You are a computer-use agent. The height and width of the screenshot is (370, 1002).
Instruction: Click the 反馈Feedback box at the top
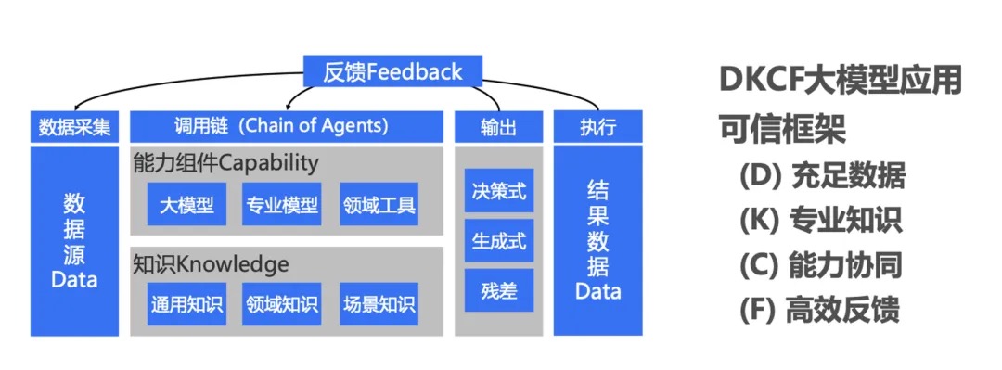point(392,71)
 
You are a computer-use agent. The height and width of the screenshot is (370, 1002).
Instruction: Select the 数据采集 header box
point(74,126)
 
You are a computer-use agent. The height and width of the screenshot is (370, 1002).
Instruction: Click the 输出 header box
point(498,126)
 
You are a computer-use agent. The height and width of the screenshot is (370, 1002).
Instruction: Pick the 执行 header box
point(597,126)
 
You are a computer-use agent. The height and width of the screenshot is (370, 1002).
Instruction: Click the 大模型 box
point(186,204)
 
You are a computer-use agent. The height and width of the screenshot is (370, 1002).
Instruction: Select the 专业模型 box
point(282,204)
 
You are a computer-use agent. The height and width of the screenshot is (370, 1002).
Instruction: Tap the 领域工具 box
point(379,204)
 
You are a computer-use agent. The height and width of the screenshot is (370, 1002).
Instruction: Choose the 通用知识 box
point(186,303)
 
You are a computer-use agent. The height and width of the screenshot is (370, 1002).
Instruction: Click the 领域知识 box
point(282,303)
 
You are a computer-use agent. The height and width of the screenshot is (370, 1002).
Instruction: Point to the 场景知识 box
point(379,303)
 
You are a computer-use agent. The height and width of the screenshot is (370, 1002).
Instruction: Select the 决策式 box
point(499,191)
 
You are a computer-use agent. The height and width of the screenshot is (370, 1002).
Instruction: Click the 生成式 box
point(499,241)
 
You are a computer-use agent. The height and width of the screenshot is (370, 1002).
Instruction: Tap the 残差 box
point(499,290)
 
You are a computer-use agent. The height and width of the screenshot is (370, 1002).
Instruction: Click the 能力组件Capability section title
point(225,163)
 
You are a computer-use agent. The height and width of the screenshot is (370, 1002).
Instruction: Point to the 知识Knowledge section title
point(211,264)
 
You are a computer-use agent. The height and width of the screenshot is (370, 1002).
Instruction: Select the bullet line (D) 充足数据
point(821,175)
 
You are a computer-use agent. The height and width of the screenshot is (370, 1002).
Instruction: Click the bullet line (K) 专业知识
point(821,220)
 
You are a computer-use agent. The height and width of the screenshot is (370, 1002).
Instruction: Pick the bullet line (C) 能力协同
point(821,264)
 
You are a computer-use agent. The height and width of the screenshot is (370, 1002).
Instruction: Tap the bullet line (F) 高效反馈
point(821,309)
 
